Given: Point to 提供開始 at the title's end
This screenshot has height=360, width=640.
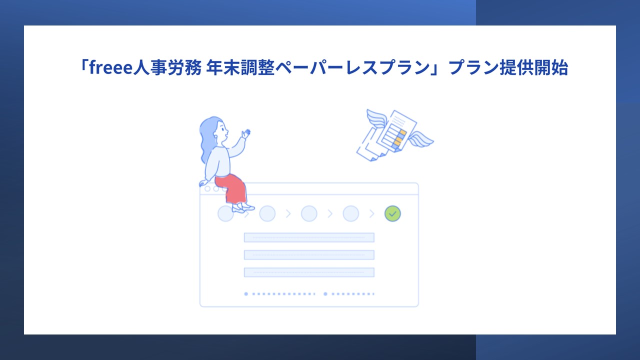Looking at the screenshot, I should tap(534, 68).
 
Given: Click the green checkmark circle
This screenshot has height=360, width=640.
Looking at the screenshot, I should tap(392, 213).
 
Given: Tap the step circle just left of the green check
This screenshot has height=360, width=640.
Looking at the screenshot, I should tap(350, 213).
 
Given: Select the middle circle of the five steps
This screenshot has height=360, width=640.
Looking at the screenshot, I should tap(309, 213).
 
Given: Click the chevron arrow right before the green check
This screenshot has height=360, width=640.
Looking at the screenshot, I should tap(371, 213).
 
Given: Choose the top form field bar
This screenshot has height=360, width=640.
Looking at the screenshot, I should tap(309, 237).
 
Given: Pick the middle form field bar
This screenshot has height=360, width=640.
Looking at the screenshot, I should tap(309, 255).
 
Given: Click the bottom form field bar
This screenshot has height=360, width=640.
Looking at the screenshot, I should tap(309, 272).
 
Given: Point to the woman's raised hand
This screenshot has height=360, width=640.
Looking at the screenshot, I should tap(245, 133).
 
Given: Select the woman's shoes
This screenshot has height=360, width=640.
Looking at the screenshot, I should tap(243, 208).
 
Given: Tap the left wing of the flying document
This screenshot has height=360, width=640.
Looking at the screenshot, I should tap(377, 118).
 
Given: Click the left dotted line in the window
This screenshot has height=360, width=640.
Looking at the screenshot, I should tap(280, 294).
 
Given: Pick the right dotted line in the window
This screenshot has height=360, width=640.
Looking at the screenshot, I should tap(349, 294).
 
